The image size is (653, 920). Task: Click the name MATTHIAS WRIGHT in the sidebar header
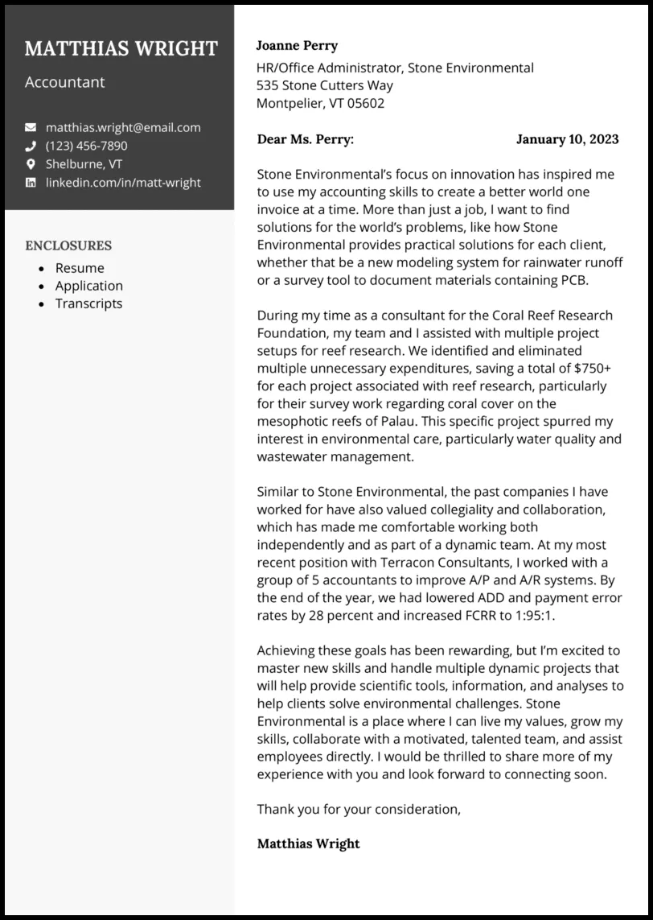[121, 49]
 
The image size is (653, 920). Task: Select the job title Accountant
[64, 82]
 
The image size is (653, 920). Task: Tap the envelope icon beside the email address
[31, 127]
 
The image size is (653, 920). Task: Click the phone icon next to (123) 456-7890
[31, 146]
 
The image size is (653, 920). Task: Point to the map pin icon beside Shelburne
[31, 164]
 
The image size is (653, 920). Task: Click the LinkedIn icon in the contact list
[31, 183]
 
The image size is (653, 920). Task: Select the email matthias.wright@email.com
[123, 127]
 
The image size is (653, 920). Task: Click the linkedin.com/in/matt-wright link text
[123, 183]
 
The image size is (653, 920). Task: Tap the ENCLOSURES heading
[68, 245]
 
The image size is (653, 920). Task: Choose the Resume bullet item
[80, 268]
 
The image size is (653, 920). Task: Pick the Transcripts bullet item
[88, 303]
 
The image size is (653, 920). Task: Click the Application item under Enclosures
[88, 286]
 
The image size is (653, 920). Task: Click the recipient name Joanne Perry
[297, 46]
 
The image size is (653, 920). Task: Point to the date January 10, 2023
[567, 139]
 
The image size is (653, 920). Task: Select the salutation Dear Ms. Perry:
[305, 139]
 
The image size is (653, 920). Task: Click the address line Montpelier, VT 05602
[320, 103]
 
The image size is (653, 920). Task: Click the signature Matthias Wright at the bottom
[308, 844]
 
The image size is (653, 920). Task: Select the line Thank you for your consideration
[359, 809]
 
